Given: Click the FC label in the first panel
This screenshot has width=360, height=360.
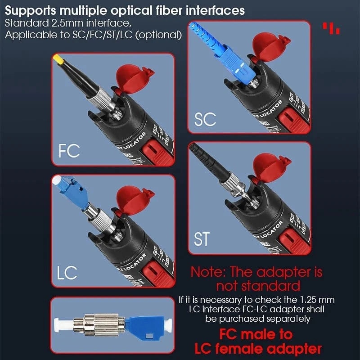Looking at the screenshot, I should [x=69, y=150].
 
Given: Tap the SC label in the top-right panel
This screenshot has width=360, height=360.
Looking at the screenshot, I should [x=205, y=119].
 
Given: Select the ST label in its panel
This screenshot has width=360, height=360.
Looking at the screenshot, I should [x=202, y=238].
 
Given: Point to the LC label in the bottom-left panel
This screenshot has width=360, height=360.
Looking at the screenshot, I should [x=67, y=271].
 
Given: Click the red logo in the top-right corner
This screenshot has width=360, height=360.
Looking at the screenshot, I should [x=332, y=28].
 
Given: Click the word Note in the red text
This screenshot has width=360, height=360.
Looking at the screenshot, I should [x=210, y=272].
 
